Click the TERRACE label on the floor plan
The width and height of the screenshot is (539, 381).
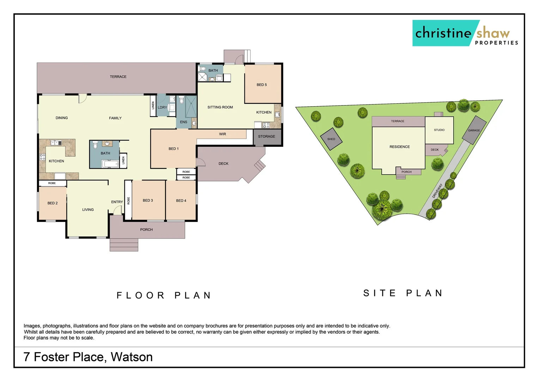tap(118, 77)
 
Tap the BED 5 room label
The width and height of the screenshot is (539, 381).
tap(261, 85)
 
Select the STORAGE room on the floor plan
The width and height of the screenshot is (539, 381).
tap(266, 137)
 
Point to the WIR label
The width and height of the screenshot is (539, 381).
tap(222, 134)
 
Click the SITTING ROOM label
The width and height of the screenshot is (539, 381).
tap(220, 107)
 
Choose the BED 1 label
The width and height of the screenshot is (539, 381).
tap(174, 149)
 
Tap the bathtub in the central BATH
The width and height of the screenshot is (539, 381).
tap(110, 164)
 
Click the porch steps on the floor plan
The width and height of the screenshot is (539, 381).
tap(124, 245)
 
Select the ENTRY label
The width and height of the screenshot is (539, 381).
tap(117, 202)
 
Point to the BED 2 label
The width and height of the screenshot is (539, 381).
tap(53, 203)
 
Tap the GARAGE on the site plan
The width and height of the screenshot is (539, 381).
tap(474, 130)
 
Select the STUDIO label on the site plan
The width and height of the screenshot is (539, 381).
tap(439, 130)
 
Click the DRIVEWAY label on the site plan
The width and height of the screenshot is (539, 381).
tap(437, 191)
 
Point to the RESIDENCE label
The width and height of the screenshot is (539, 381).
tap(399, 147)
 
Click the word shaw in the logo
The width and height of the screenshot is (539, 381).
tap(493, 33)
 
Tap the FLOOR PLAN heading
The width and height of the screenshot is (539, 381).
tap(164, 295)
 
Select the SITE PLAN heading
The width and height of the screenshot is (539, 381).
tap(403, 293)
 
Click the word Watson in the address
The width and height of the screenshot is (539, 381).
tap(132, 357)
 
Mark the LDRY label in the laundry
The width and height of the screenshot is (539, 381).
tap(162, 107)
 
